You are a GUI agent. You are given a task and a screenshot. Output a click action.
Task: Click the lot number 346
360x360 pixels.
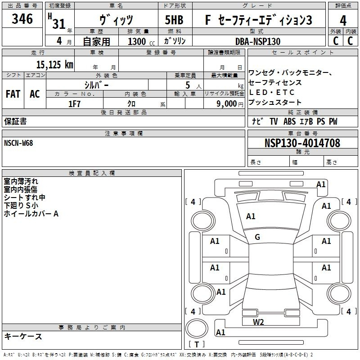22,18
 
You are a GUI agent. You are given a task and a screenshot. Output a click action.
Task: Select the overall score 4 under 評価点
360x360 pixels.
343,20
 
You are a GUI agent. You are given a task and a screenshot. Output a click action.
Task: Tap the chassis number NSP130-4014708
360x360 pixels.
302,143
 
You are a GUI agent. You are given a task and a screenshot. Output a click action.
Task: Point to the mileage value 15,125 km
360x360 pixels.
54,64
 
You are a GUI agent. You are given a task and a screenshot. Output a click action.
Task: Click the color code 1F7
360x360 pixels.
74,104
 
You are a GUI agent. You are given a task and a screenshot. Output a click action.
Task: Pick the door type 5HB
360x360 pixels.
174,20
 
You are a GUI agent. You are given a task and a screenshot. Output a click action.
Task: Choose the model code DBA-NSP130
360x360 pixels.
258,41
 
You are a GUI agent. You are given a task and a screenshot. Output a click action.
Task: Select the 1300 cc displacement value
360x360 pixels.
141,41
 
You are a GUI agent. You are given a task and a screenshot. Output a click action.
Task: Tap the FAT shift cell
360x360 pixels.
13,94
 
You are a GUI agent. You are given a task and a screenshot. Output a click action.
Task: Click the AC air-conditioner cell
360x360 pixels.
35,94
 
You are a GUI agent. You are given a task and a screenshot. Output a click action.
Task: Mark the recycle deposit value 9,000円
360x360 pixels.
230,104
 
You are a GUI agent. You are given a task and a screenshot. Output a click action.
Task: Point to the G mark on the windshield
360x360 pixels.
257,237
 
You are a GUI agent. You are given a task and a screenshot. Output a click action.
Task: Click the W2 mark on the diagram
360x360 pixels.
258,322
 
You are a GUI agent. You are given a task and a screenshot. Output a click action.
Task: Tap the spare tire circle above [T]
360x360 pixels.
197,329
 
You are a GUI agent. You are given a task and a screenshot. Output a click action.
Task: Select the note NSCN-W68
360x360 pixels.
18,143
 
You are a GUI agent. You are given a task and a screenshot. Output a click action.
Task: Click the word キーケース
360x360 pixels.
23,336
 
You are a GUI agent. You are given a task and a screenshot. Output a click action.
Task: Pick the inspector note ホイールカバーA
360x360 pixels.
31,214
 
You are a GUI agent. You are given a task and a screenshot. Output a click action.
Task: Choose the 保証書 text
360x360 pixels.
15,121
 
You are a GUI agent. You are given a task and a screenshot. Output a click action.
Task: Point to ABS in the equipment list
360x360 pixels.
289,121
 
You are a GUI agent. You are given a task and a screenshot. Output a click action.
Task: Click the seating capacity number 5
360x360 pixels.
188,85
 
